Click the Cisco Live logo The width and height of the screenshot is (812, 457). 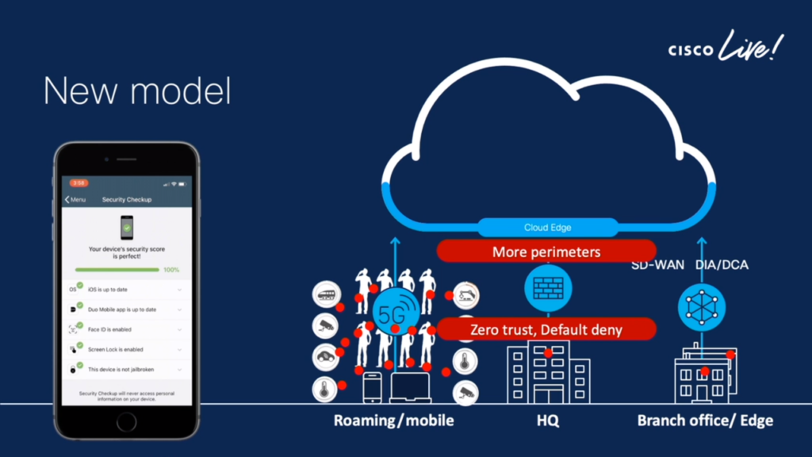pyautogui.click(x=724, y=49)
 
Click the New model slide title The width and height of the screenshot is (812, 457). pyautogui.click(x=137, y=91)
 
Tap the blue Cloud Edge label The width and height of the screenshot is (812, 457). pyautogui.click(x=547, y=228)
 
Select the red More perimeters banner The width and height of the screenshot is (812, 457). pyautogui.click(x=546, y=252)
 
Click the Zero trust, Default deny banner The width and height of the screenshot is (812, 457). pyautogui.click(x=546, y=329)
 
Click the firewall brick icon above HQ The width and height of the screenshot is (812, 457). pyautogui.click(x=547, y=288)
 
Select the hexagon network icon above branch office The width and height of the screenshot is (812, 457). pyautogui.click(x=702, y=305)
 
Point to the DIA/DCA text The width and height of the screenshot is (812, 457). pyautogui.click(x=721, y=265)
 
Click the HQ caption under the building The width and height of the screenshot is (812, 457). pyautogui.click(x=547, y=421)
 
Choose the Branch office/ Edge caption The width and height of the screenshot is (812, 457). pyautogui.click(x=705, y=421)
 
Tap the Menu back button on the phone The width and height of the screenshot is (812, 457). pyautogui.click(x=76, y=200)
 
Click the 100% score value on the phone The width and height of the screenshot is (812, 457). pyautogui.click(x=171, y=270)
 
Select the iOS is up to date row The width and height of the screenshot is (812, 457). pyautogui.click(x=127, y=290)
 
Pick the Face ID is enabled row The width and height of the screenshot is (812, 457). pyautogui.click(x=127, y=329)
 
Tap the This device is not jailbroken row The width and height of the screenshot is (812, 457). pyautogui.click(x=127, y=369)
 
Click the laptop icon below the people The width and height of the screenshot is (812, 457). pyautogui.click(x=410, y=388)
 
